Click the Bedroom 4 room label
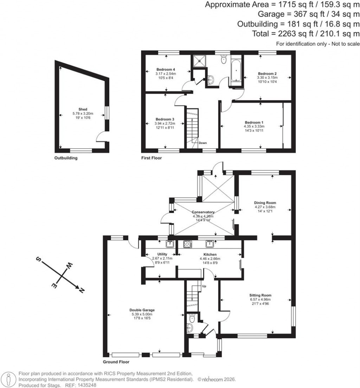(x=166, y=69)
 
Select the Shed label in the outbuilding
(x=83, y=109)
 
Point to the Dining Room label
(x=265, y=203)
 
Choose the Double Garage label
(x=142, y=310)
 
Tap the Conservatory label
(x=203, y=212)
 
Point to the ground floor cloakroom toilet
(x=192, y=319)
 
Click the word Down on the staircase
(x=202, y=143)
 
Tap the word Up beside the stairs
(x=204, y=286)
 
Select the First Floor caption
(x=152, y=158)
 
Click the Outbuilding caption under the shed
(x=66, y=158)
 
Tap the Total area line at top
(x=306, y=34)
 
